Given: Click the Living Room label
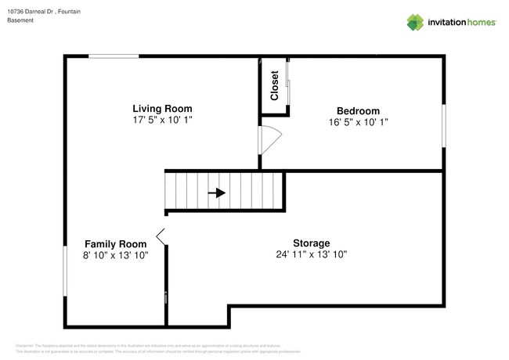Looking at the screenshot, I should click(x=162, y=109).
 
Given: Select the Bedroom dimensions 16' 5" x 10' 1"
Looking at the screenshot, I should click(x=358, y=122).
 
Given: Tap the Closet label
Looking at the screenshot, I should click(x=275, y=87).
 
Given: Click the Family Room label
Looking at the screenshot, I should click(x=115, y=243).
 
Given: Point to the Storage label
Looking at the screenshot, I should click(x=311, y=243).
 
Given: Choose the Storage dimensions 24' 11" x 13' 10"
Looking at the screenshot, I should click(x=311, y=254).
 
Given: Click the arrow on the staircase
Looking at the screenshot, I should click(x=217, y=193).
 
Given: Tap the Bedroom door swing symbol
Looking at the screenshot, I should click(x=269, y=139).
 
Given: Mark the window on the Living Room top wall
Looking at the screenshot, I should click(x=114, y=56).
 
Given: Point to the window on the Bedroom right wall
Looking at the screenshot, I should click(x=444, y=125).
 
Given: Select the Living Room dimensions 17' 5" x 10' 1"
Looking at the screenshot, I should click(x=162, y=121).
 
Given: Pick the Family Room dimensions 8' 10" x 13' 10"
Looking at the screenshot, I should click(x=115, y=255).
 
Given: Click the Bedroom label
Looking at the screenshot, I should click(x=358, y=110).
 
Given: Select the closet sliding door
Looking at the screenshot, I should click(x=288, y=85).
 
